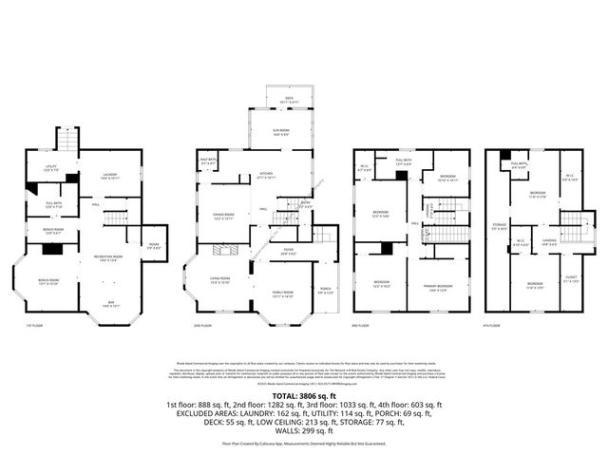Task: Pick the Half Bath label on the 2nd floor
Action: pos(210,162)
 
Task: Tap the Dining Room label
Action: pos(224,216)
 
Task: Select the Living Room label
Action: pos(221,280)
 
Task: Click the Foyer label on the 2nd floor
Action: pos(287,252)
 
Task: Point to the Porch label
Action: pos(327,291)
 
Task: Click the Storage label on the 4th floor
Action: pos(498,225)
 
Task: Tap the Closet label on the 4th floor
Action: pos(570,279)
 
